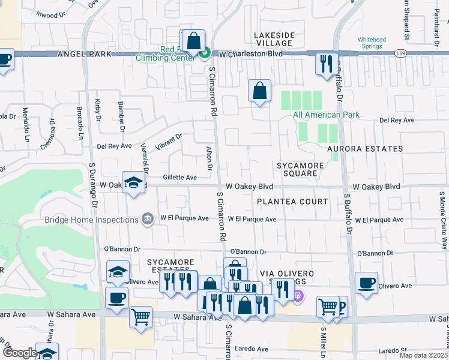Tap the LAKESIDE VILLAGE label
click(274, 40)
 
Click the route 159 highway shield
click(400, 54)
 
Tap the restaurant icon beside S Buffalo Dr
click(326, 64)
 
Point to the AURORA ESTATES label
click(364, 148)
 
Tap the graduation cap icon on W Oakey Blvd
click(134, 182)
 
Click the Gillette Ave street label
click(180, 178)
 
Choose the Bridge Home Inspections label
click(91, 220)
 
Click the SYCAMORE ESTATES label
click(172, 266)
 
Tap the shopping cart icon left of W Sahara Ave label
click(140, 317)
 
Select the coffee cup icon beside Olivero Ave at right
click(366, 283)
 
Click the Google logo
click(20, 353)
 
